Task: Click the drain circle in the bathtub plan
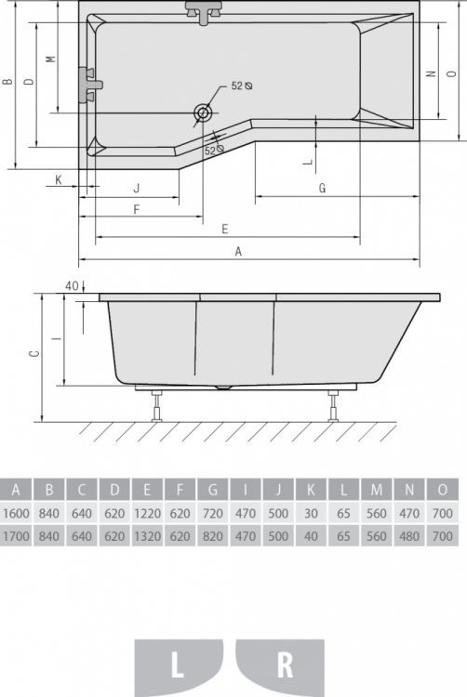coord(203,112)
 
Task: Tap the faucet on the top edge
coord(203,12)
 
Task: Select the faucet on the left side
coord(90,85)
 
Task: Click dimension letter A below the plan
coord(238,252)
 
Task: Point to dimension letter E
coord(225,229)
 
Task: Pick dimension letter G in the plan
coord(323,188)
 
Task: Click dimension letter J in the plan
coord(137,188)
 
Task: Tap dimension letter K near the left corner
coord(59,180)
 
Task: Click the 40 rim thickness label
coord(72,285)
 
